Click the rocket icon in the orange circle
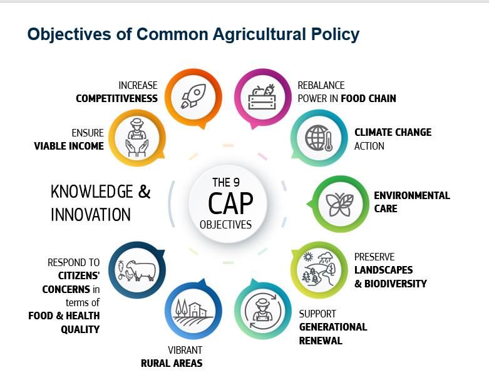point(193,96)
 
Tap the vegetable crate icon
point(262,97)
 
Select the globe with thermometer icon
point(319,138)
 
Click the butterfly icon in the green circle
point(339,205)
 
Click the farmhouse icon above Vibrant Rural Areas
point(193,312)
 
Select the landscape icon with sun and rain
point(318,269)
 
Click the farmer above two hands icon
point(137,137)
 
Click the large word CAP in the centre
point(230,203)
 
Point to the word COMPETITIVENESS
point(116,98)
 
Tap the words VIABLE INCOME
point(69,146)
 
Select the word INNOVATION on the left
point(90,215)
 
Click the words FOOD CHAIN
point(368,98)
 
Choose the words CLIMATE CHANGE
point(393,132)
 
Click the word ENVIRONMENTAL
point(412,195)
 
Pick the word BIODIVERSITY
point(396,284)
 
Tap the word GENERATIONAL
point(333,327)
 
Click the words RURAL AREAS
point(172,363)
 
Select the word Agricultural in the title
point(259,34)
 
